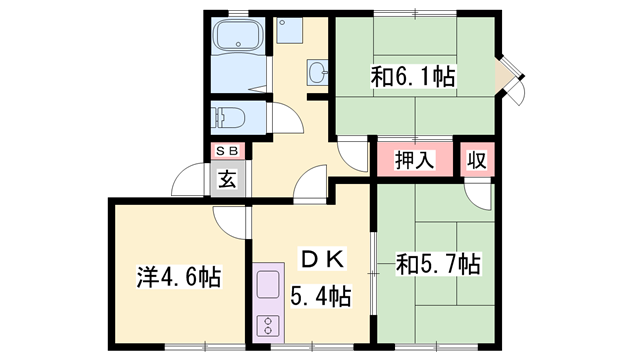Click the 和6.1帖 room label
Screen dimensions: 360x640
pyautogui.click(x=414, y=75)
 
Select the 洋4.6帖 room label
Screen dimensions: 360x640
pyautogui.click(x=179, y=275)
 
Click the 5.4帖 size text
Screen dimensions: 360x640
pyautogui.click(x=320, y=295)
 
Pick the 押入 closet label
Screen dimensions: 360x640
pyautogui.click(x=413, y=159)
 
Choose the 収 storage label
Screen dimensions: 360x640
pyautogui.click(x=479, y=159)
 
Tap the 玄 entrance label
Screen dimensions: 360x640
pyautogui.click(x=227, y=181)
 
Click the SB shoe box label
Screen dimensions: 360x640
pyautogui.click(x=227, y=152)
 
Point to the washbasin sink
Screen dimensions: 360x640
pyautogui.click(x=317, y=73)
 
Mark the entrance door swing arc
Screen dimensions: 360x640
pyautogui.click(x=188, y=181)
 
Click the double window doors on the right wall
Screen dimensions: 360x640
pyautogui.click(x=515, y=77)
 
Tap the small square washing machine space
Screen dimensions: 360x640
pyautogui.click(x=288, y=31)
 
